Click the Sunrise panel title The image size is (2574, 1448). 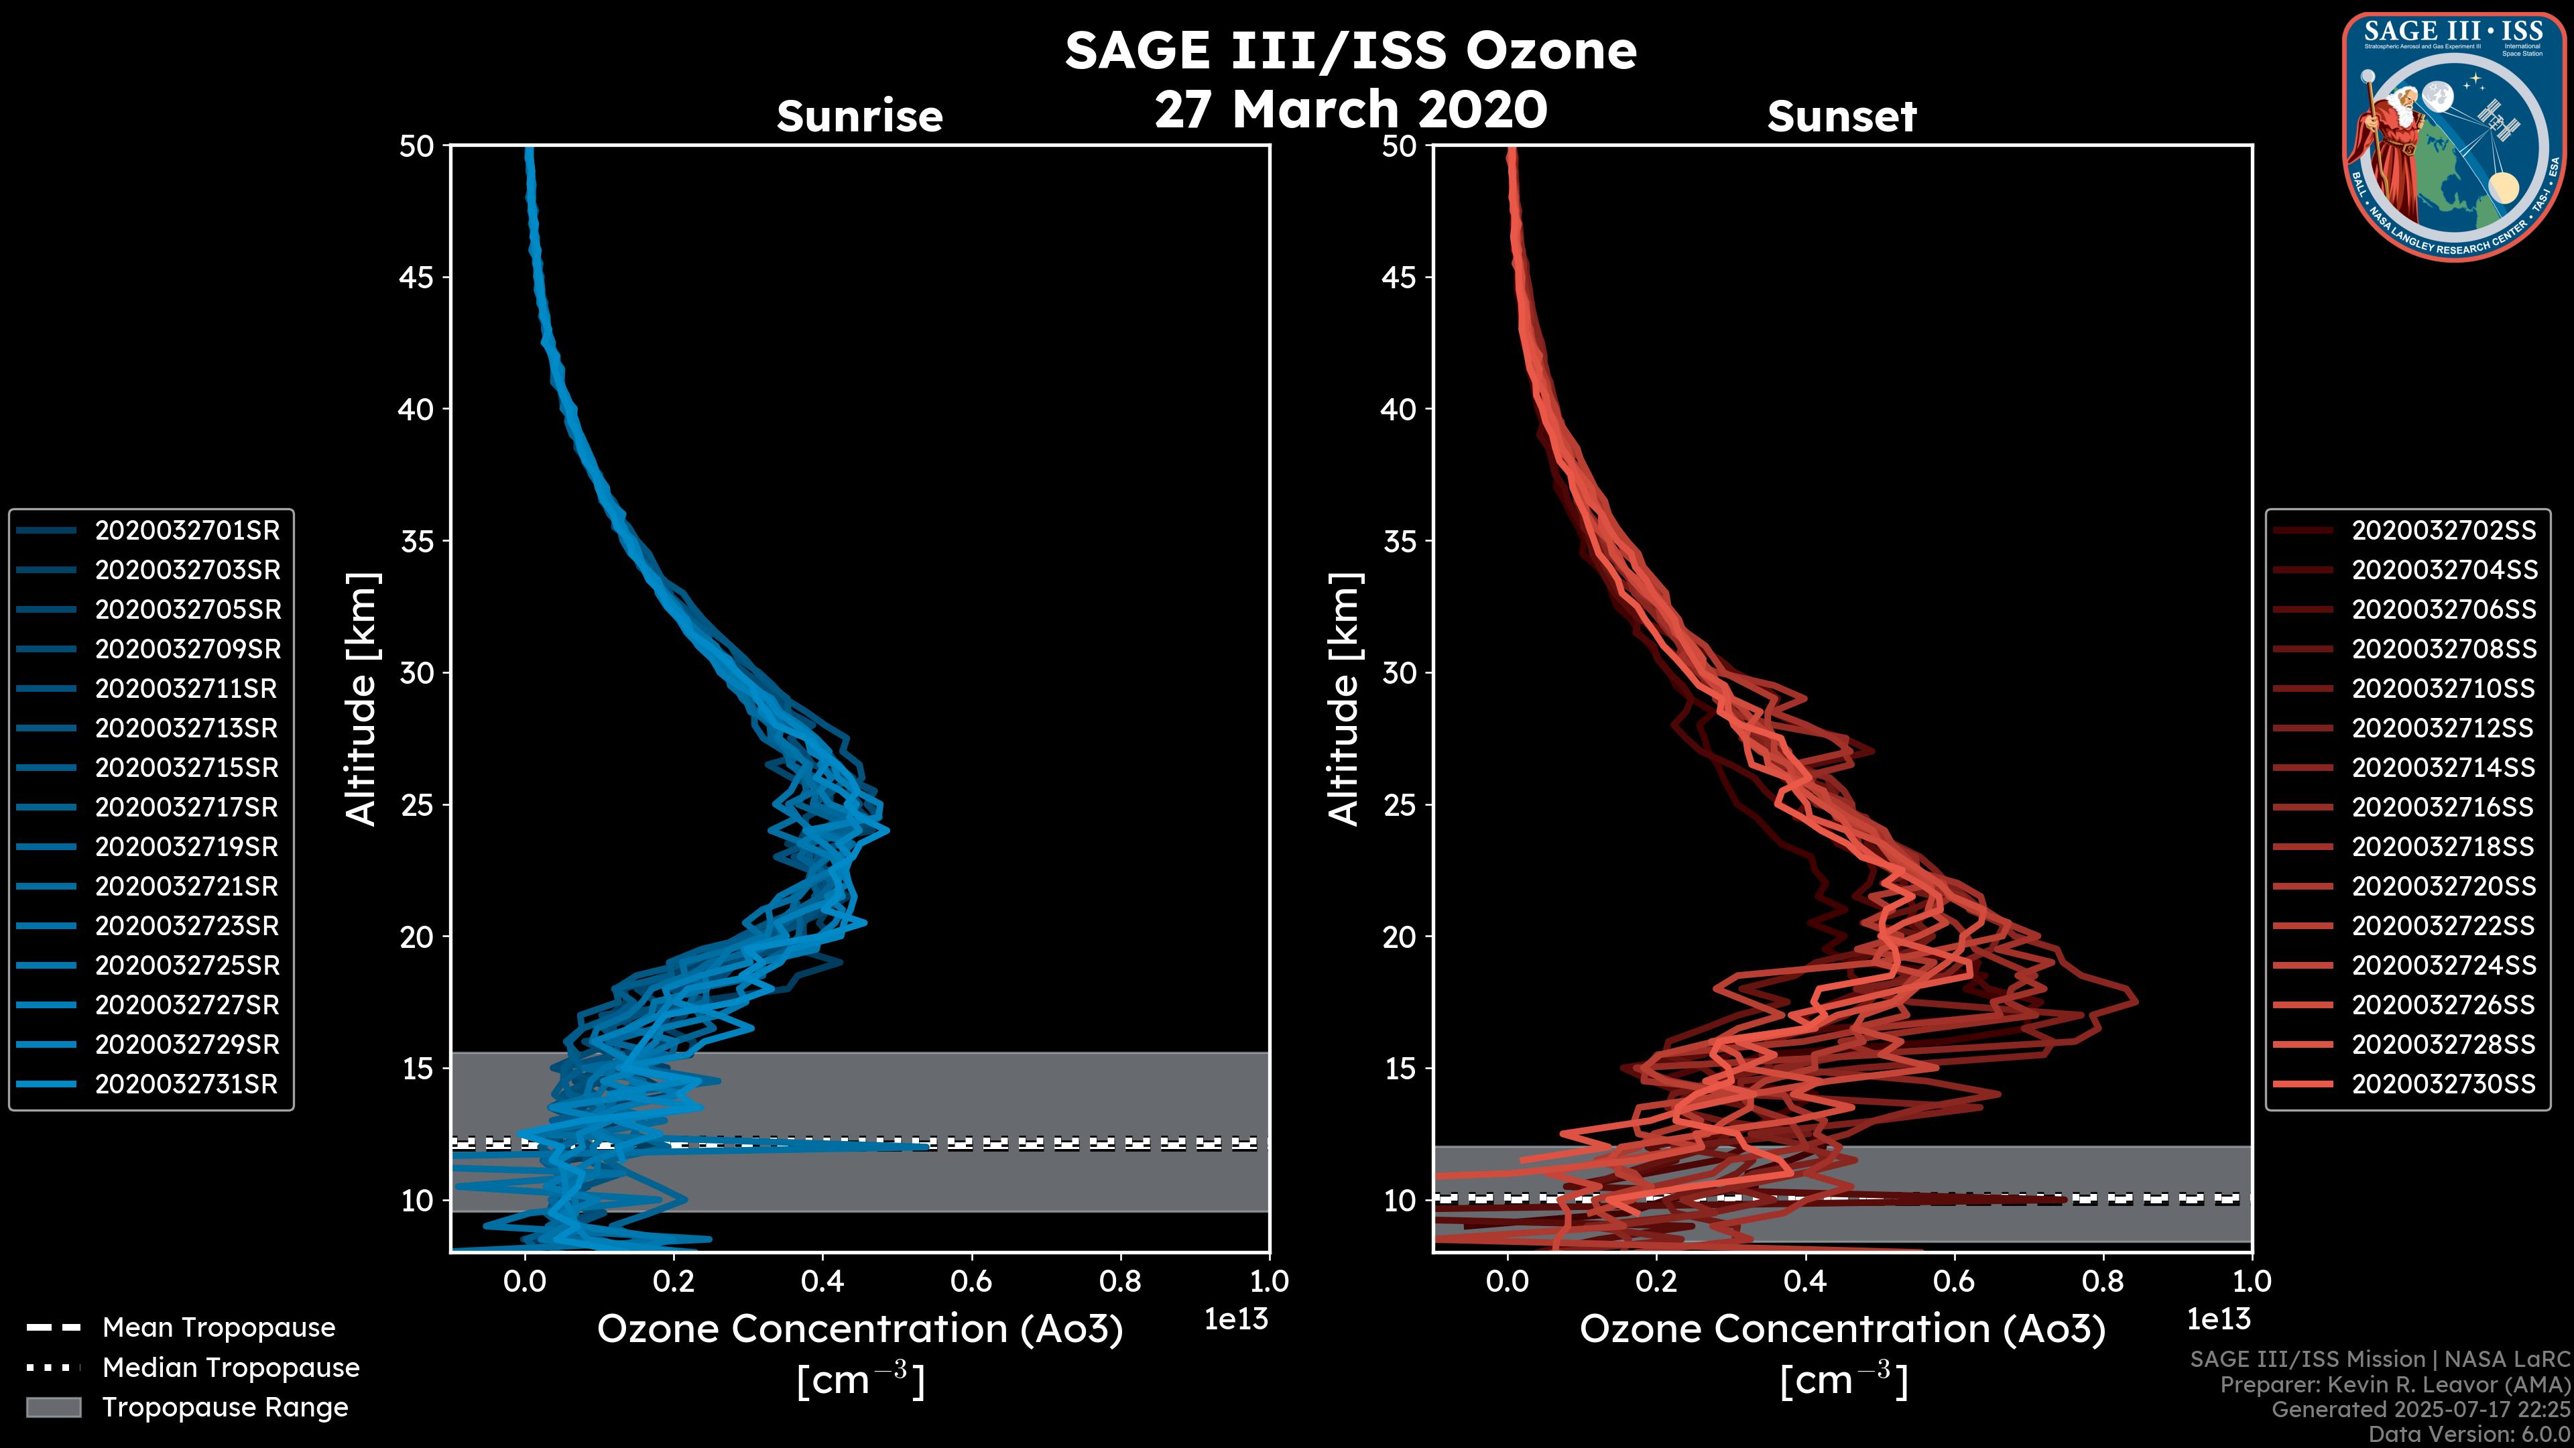tap(859, 116)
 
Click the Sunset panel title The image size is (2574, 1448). tap(1841, 116)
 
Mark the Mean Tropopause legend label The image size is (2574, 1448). tap(219, 1328)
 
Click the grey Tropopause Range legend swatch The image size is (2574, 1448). tap(53, 1407)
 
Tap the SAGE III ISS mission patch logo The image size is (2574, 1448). tap(2453, 136)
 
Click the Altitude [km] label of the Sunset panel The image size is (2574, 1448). tap(1345, 699)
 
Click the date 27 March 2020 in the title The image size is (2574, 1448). tap(1350, 108)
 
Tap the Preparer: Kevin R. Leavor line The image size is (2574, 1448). tap(2394, 1385)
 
